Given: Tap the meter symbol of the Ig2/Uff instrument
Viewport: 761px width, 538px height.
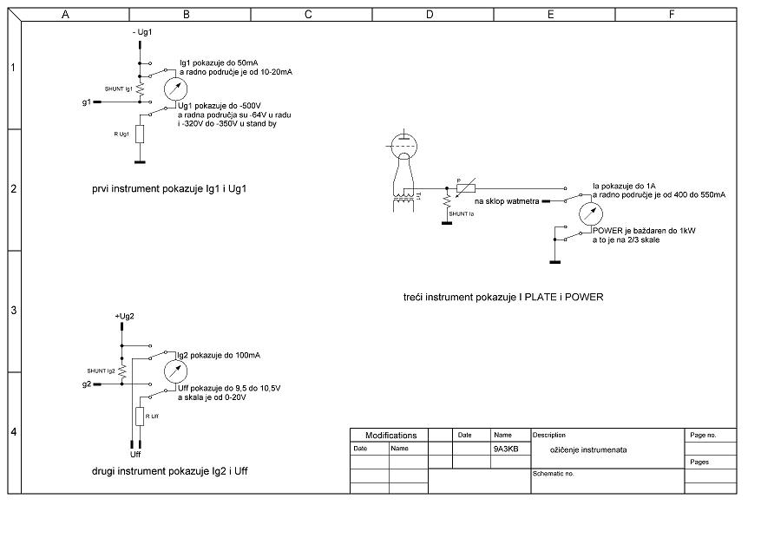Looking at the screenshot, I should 176,371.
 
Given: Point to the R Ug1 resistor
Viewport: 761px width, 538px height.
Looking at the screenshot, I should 140,133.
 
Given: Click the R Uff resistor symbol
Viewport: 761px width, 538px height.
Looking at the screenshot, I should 140,417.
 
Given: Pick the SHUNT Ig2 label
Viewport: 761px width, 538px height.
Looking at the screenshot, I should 101,371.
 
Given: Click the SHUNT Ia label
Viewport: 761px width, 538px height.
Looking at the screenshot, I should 462,213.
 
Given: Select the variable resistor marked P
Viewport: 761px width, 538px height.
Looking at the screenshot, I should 466,187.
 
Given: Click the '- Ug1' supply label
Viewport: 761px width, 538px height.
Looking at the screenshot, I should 142,31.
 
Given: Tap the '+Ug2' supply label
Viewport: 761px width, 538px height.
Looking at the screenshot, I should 124,316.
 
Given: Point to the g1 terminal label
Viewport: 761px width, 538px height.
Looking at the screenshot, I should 86,102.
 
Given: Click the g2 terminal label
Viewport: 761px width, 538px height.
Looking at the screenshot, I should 86,384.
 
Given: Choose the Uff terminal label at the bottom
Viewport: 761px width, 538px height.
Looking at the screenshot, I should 135,454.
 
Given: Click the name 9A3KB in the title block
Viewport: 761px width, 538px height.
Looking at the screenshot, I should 506,449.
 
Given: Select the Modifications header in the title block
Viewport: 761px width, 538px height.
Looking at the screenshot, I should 390,436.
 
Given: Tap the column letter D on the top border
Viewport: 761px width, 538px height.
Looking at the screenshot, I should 430,15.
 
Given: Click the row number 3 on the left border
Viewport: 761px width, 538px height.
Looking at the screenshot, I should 13,311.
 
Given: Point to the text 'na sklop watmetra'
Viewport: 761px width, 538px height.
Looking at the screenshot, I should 507,201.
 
